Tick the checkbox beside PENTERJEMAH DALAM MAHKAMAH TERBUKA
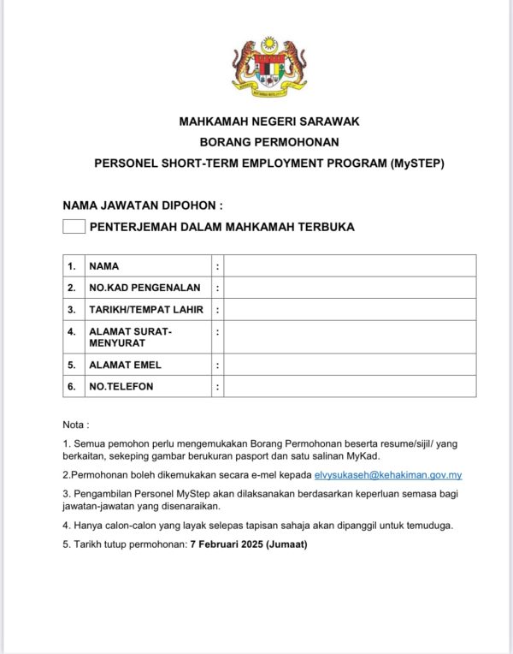pos(74,227)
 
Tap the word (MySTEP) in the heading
pos(416,163)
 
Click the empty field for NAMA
pos(350,266)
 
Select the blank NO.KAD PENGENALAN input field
pos(350,288)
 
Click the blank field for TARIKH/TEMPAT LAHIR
pos(350,309)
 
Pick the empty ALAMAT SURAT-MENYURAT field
pos(350,336)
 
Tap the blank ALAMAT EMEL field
pos(350,365)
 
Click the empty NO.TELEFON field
pos(350,386)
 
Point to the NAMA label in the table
pos(103,266)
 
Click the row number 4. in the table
pos(72,330)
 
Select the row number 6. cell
pos(72,386)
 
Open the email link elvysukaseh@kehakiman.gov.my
pos(388,474)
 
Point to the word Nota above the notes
pos(74,425)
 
